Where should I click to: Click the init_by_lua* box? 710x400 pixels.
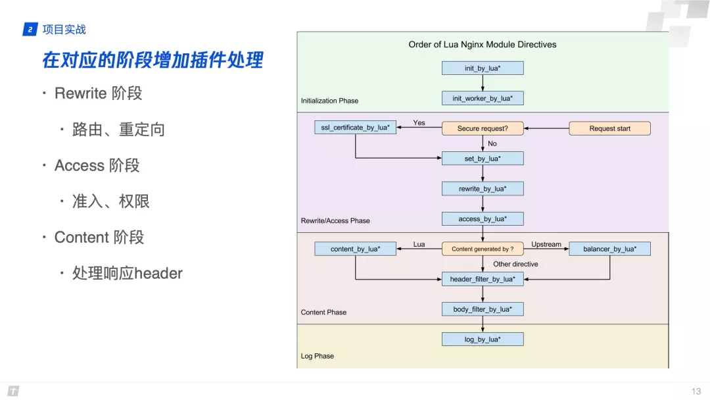483,68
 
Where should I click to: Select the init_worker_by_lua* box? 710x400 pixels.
483,99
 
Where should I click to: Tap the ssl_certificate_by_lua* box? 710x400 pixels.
355,128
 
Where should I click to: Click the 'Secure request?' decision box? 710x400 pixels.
483,129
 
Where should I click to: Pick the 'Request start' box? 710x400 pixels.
609,129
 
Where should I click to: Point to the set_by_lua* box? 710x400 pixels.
483,159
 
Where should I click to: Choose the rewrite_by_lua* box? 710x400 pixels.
483,189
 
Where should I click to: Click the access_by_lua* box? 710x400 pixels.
483,219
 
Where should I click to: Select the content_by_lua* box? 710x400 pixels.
355,249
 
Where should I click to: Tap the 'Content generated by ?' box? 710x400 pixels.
483,249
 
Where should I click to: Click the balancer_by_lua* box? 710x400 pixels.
609,249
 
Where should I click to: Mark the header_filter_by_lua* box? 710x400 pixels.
483,280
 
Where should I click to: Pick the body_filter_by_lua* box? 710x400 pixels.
483,309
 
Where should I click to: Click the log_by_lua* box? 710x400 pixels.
483,339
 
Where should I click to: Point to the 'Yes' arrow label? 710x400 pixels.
419,123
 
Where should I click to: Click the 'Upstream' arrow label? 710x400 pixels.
546,245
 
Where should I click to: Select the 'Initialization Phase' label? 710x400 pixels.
329,101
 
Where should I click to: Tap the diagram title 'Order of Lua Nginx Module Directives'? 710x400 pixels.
483,45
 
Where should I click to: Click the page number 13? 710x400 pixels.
696,391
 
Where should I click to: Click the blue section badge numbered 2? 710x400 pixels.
30,30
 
